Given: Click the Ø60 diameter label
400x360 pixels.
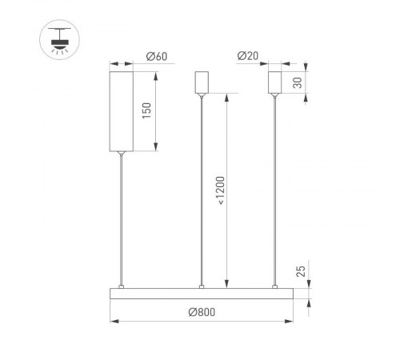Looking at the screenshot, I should (157, 57).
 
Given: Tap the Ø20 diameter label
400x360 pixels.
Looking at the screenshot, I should (248, 56).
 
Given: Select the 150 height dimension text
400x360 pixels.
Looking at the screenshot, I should (146, 110).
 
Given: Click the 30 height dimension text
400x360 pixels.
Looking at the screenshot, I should (298, 83).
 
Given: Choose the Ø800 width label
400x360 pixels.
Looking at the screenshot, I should (202, 312).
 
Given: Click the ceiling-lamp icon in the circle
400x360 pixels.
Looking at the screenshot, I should (58, 38).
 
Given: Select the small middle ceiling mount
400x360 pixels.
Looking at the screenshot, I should (201, 83).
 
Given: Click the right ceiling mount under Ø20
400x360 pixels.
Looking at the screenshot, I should (276, 83).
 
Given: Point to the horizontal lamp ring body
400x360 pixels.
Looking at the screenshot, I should (202, 293).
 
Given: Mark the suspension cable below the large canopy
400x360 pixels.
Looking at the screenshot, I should (122, 216).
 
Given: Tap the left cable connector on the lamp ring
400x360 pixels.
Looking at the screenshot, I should (122, 286).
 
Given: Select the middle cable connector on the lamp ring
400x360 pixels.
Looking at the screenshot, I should (202, 286).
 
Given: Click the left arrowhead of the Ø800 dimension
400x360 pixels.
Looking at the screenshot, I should (113, 322).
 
